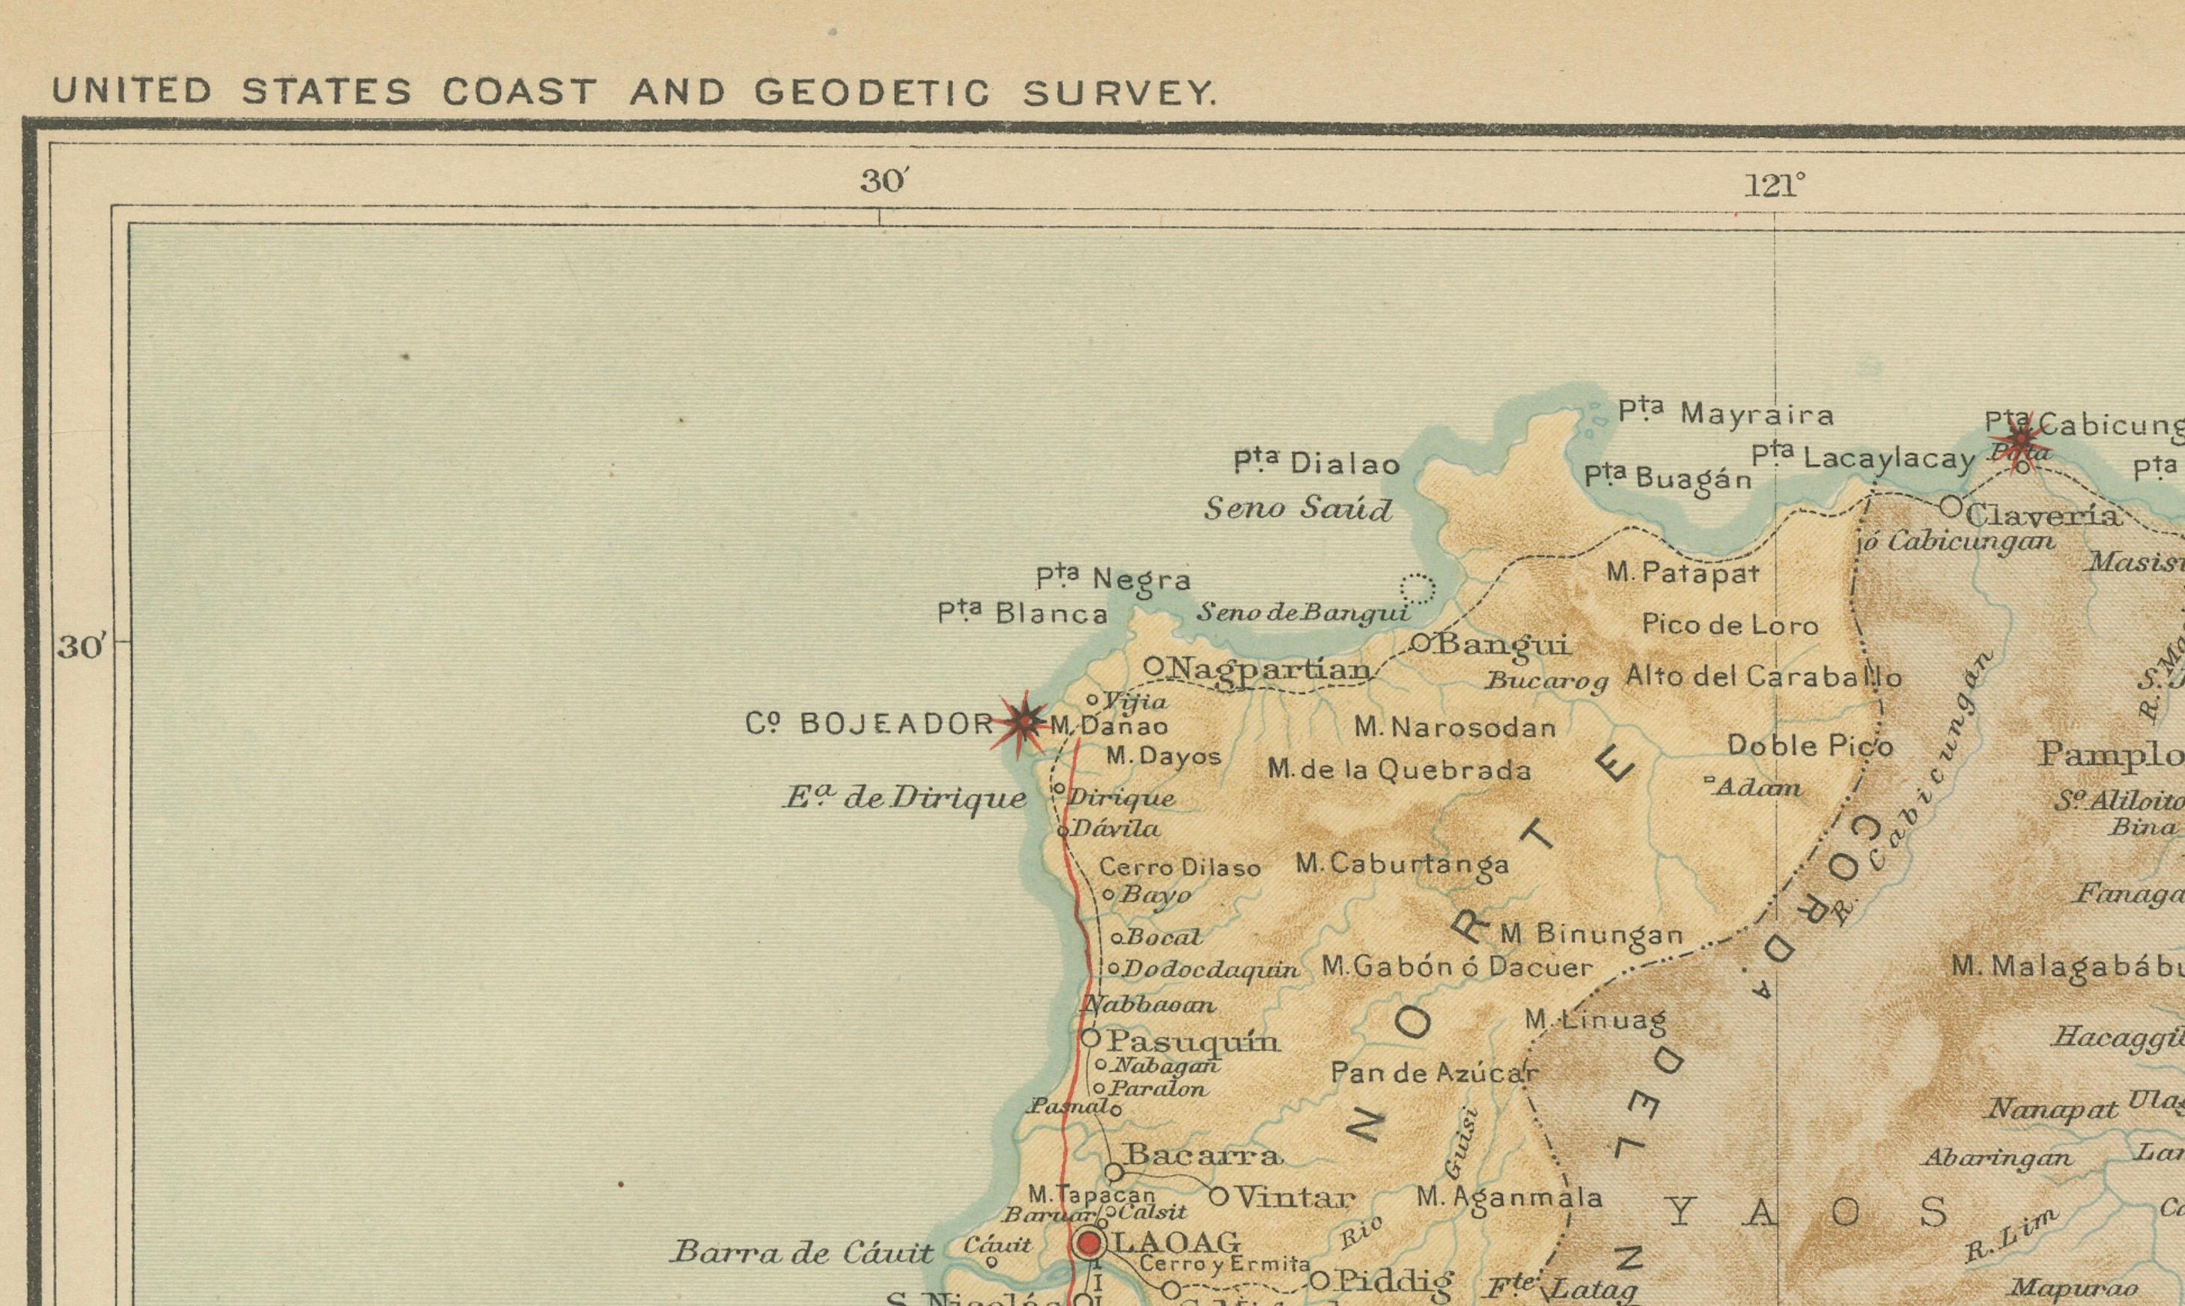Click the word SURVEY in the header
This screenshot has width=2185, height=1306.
coord(1119,92)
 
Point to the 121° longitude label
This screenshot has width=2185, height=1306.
coord(1774,186)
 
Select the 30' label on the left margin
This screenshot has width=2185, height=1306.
coord(81,648)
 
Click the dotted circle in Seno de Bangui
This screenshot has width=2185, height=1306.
coord(1417,587)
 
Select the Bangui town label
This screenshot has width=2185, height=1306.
coord(1502,645)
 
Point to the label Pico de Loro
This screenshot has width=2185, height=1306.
coord(1729,625)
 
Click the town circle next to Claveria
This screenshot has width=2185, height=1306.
coord(1950,506)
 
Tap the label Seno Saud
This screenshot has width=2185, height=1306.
coord(1298,508)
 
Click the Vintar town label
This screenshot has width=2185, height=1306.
coord(1295,1197)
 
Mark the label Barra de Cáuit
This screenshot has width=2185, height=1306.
coord(800,1252)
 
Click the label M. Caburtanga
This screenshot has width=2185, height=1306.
coord(1402,864)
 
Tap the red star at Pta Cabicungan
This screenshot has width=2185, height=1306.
coord(2020,439)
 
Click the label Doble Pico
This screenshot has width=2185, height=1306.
coord(1809,745)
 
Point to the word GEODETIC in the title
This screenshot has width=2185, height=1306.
coord(872,92)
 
